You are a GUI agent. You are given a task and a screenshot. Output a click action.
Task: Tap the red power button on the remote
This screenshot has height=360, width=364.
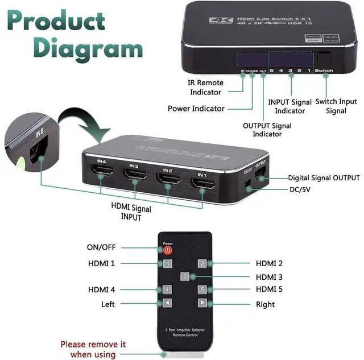pyautogui.click(x=168, y=250)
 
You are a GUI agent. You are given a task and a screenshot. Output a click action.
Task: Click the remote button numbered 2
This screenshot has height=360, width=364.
pyautogui.click(x=201, y=263)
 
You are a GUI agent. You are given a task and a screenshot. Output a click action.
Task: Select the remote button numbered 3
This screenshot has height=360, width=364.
pyautogui.click(x=184, y=276)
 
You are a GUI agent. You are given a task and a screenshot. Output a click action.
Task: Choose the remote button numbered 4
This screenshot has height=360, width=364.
pyautogui.click(x=167, y=289)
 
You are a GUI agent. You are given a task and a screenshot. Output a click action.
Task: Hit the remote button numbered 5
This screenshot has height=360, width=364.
pyautogui.click(x=201, y=289)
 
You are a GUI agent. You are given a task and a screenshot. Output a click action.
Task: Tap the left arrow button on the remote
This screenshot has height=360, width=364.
pyautogui.click(x=167, y=303)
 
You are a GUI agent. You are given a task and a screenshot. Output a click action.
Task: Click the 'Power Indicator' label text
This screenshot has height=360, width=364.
pyautogui.click(x=196, y=109)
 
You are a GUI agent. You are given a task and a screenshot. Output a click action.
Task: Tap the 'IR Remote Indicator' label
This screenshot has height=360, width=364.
pyautogui.click(x=206, y=87)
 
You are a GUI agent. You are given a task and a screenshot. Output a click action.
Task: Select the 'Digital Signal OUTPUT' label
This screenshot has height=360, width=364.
pyautogui.click(x=324, y=178)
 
